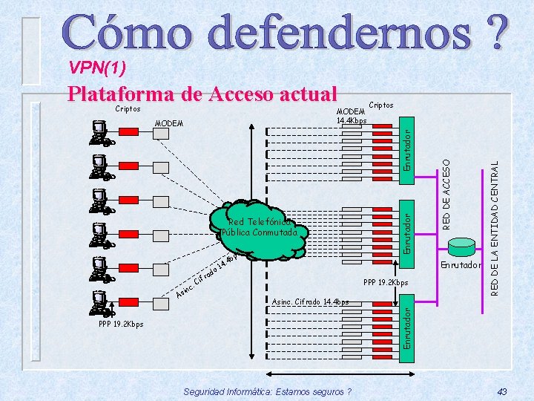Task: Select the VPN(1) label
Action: pyautogui.click(x=97, y=69)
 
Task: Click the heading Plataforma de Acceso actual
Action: pyautogui.click(x=202, y=94)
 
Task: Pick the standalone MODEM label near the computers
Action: pyautogui.click(x=170, y=123)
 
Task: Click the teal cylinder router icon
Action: pyautogui.click(x=464, y=246)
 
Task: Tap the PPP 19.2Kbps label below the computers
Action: pyautogui.click(x=120, y=324)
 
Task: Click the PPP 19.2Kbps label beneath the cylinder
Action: pyautogui.click(x=386, y=282)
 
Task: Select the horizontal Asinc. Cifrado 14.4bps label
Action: pyautogui.click(x=310, y=301)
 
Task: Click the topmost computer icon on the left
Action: pyautogui.click(x=99, y=132)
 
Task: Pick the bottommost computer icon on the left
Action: pyautogui.click(x=99, y=305)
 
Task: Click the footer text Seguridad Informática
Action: pyautogui.click(x=266, y=391)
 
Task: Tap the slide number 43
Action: pyautogui.click(x=502, y=391)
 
